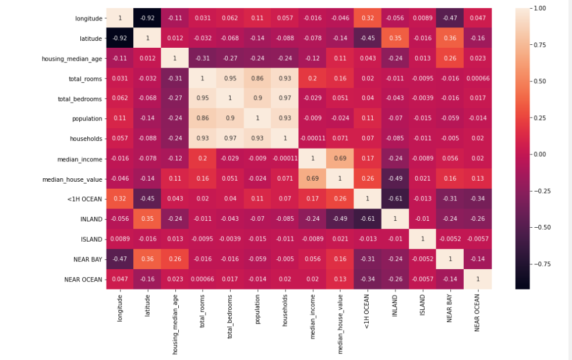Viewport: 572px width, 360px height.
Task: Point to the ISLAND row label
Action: (x=91, y=239)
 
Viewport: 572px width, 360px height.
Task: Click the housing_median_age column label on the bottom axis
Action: (x=174, y=323)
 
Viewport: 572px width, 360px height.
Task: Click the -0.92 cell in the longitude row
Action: (x=147, y=18)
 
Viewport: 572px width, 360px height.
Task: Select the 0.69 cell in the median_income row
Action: (x=339, y=159)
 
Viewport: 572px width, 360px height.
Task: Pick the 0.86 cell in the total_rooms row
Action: (x=257, y=79)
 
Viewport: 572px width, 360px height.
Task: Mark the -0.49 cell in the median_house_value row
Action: (x=394, y=179)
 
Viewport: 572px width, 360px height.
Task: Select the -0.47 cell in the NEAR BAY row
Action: (x=120, y=259)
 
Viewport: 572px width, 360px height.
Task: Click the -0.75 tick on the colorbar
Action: (x=541, y=263)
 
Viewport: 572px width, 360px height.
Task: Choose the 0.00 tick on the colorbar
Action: (x=541, y=154)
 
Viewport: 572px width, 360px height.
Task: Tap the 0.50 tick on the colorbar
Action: (x=541, y=82)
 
